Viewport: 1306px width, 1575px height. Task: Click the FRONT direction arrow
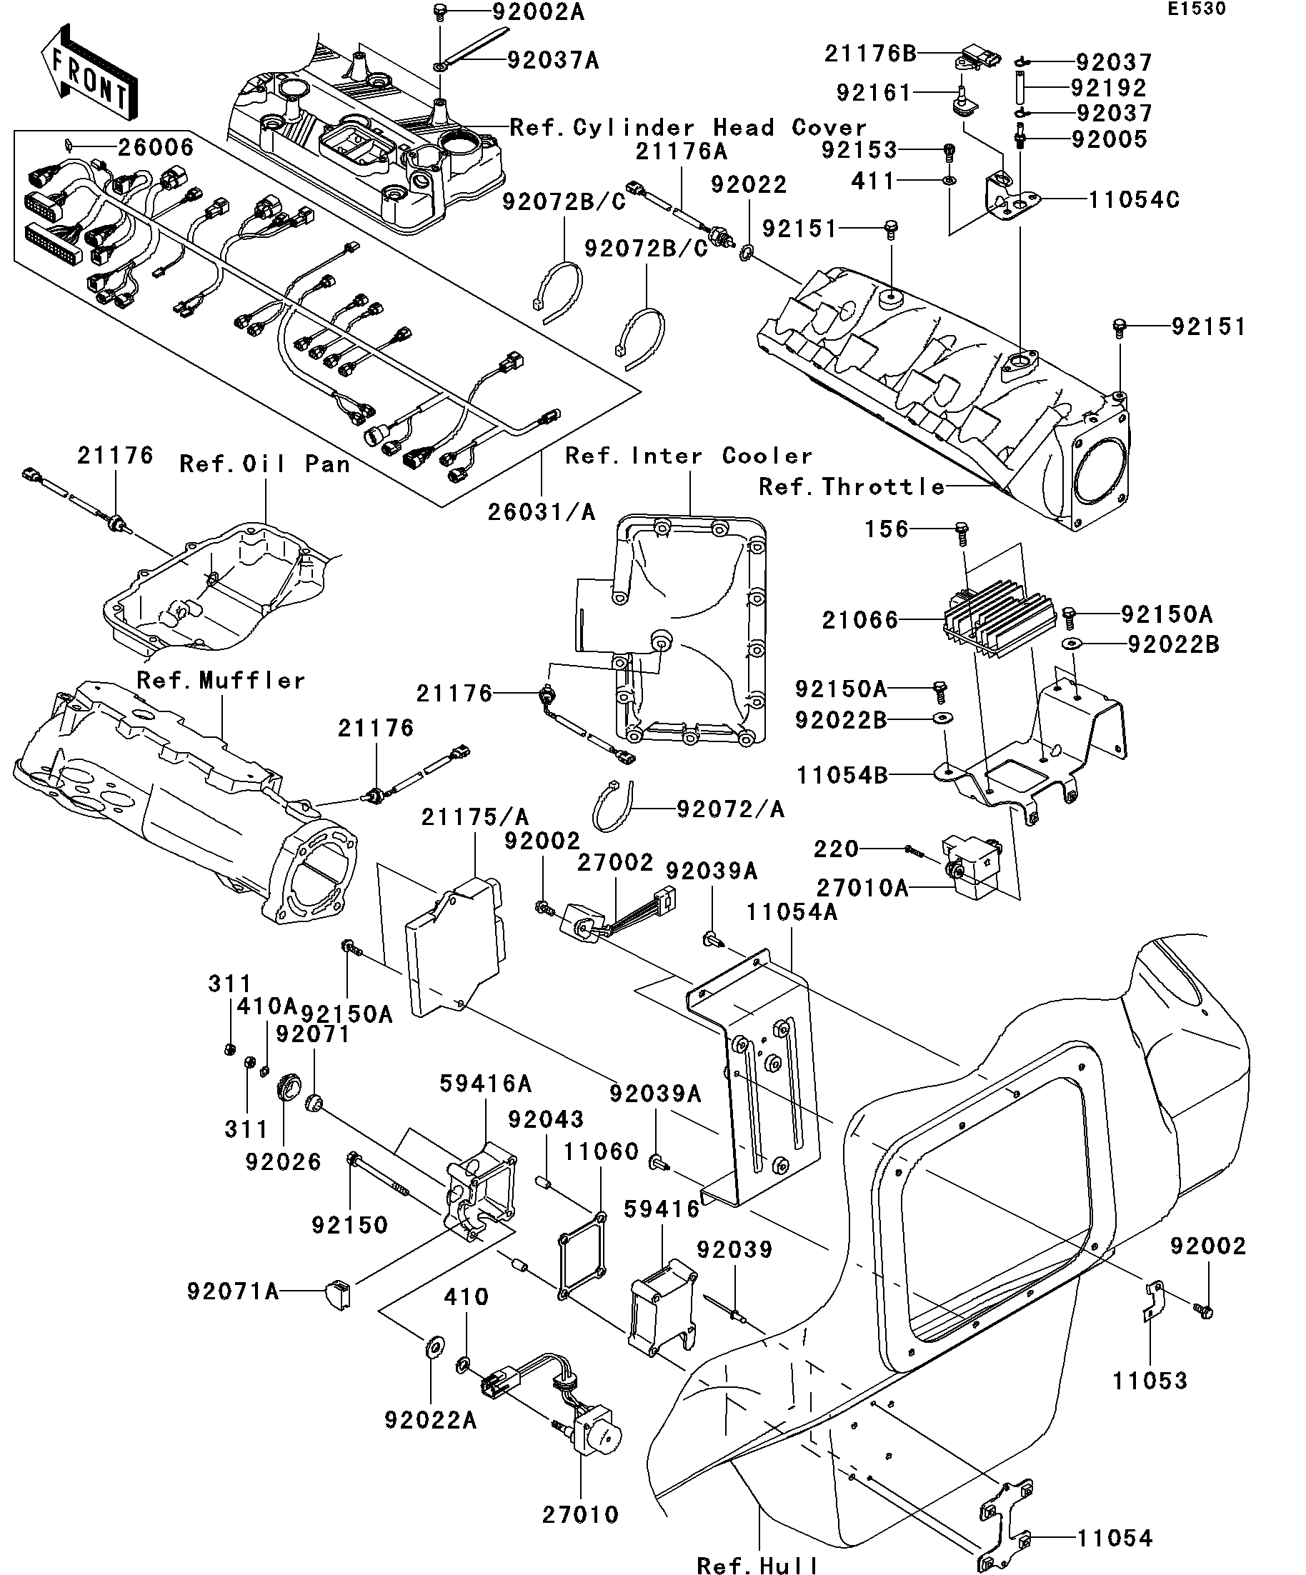pos(89,72)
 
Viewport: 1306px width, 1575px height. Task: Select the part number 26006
pos(155,147)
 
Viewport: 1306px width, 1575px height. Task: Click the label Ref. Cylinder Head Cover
pos(687,127)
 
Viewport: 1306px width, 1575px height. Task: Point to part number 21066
pos(859,620)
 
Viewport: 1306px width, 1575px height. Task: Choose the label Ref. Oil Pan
pos(264,464)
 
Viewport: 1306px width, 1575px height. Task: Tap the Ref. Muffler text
pos(221,680)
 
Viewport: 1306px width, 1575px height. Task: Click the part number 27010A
pos(862,888)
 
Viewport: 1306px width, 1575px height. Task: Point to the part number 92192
pos(1108,88)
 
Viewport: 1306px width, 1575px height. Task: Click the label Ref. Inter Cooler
pos(688,455)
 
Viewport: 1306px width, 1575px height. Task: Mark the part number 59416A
pos(485,1083)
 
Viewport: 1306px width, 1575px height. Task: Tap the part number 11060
pos(600,1151)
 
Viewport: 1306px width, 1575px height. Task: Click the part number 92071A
pos(232,1291)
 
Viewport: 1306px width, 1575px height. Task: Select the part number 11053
pos(1150,1380)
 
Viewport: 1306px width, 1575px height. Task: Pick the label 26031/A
pos(541,511)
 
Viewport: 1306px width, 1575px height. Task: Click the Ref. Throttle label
pos(851,486)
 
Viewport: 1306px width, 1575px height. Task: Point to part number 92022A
pos(430,1420)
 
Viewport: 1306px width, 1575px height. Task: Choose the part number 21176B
pos(870,54)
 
